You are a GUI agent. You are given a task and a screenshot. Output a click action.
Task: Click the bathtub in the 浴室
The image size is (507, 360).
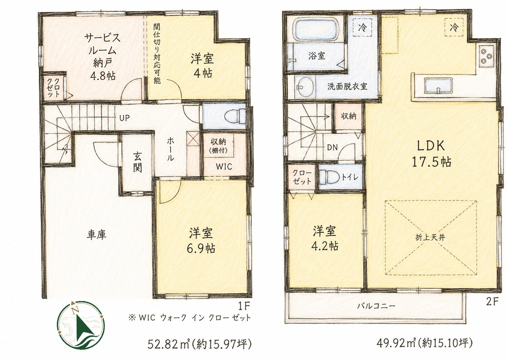point(317,31)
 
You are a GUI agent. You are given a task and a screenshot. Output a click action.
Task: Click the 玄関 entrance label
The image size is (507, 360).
point(137,162)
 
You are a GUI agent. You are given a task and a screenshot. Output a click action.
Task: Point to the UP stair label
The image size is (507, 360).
point(124,118)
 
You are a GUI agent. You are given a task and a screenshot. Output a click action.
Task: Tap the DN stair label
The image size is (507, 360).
point(332,148)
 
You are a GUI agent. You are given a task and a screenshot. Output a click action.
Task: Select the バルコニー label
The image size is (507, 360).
point(376,307)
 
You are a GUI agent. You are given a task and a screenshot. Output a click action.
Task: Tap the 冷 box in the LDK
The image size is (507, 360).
point(454,27)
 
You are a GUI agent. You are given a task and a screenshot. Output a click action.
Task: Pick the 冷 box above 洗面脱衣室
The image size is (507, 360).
point(362,27)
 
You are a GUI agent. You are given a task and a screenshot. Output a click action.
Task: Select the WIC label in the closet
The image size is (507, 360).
point(224,167)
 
